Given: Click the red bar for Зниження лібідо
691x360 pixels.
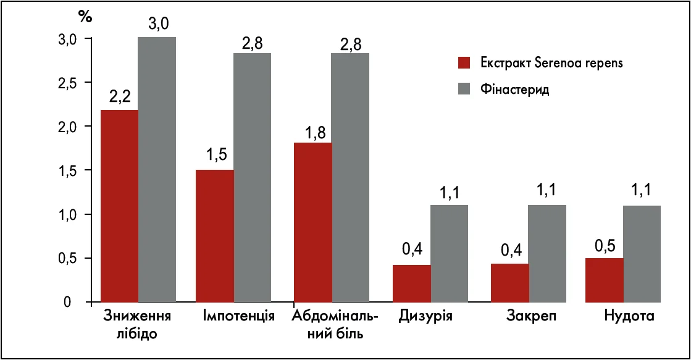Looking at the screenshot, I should tap(119, 206).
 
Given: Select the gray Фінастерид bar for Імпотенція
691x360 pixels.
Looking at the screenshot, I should tap(252, 177).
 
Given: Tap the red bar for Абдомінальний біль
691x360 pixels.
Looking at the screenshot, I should tap(312, 222).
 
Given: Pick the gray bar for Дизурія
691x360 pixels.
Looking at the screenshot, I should tap(449, 253).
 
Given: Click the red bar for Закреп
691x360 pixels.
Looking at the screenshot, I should tap(510, 283).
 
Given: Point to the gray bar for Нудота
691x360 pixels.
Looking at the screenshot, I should tap(642, 253).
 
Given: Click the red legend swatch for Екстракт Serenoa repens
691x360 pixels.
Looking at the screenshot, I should tap(464, 62).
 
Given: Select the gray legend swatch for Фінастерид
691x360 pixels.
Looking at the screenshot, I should tap(464, 89).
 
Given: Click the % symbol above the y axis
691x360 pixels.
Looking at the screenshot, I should tap(85, 17).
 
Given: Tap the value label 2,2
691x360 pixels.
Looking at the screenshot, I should tap(120, 98).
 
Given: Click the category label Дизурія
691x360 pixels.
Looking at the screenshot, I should tap(426, 317).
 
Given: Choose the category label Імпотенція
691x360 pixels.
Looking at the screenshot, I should tap(238, 317).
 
